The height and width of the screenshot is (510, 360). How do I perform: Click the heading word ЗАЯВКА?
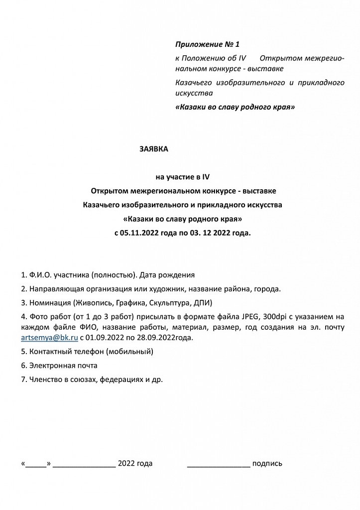click(x=154, y=149)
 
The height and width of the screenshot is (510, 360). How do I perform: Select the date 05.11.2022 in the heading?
click(x=141, y=232)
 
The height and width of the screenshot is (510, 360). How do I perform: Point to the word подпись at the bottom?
click(x=267, y=464)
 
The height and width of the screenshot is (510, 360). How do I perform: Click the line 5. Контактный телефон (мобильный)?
click(x=87, y=352)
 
